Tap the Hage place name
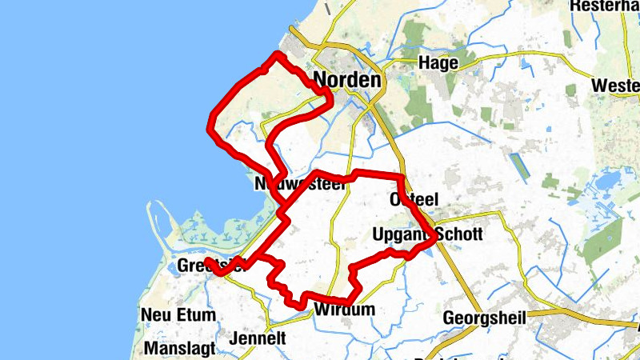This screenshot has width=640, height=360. [438, 63]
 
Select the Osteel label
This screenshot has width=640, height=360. [414, 199]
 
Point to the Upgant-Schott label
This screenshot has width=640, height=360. [427, 234]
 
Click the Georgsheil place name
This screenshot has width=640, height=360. [485, 318]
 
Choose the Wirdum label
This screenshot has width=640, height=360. [344, 310]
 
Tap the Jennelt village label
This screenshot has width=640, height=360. [257, 338]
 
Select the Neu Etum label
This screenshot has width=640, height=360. [178, 314]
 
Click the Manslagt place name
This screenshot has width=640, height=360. [180, 349]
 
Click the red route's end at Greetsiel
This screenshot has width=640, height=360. [207, 262]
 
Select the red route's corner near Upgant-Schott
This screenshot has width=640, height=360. [434, 237]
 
